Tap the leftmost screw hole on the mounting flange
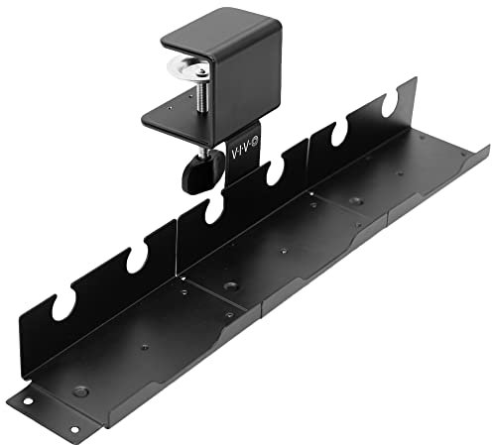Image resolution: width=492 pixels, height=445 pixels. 27,400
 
